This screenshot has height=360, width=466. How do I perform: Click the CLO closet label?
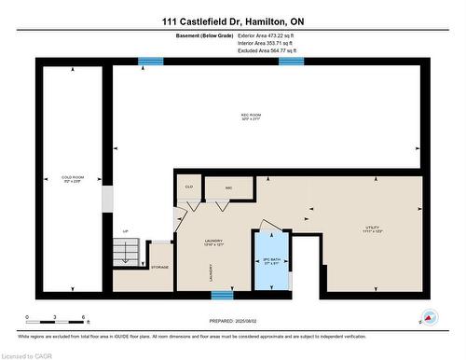point(188,187)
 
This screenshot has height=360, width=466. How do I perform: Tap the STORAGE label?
point(159,268)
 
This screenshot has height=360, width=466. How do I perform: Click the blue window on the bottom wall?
point(222,296)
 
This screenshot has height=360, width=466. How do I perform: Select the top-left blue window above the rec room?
point(151,62)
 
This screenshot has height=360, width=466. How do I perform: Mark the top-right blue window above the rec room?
point(291,62)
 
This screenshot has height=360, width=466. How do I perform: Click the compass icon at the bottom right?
point(429,317)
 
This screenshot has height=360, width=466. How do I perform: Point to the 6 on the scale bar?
point(84,318)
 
